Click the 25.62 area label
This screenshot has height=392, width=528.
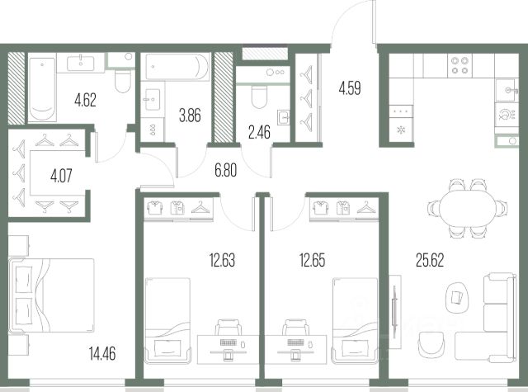[x=430, y=260]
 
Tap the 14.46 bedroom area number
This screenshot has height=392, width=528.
[x=102, y=353]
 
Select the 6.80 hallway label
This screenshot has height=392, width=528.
[x=225, y=170]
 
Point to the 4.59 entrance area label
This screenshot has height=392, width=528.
[x=350, y=88]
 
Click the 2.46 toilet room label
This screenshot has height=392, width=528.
[x=259, y=132]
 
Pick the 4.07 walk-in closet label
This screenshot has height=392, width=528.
[x=61, y=176]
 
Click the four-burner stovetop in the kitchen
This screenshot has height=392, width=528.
[x=460, y=65]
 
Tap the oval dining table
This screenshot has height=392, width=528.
[x=468, y=209]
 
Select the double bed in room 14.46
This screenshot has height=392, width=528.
[x=51, y=295]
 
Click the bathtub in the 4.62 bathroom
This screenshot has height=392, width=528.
[x=42, y=89]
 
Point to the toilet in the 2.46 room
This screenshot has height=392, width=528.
[x=259, y=96]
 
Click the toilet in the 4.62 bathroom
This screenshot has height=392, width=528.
[x=123, y=81]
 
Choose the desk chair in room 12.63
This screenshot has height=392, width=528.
[x=229, y=328]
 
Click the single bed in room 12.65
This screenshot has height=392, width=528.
[x=355, y=320]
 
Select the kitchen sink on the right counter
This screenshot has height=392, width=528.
[x=507, y=90]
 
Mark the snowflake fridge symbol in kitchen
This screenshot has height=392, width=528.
[x=401, y=130]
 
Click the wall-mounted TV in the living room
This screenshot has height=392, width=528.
[x=394, y=312]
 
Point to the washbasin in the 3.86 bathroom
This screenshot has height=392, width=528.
[x=152, y=100]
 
